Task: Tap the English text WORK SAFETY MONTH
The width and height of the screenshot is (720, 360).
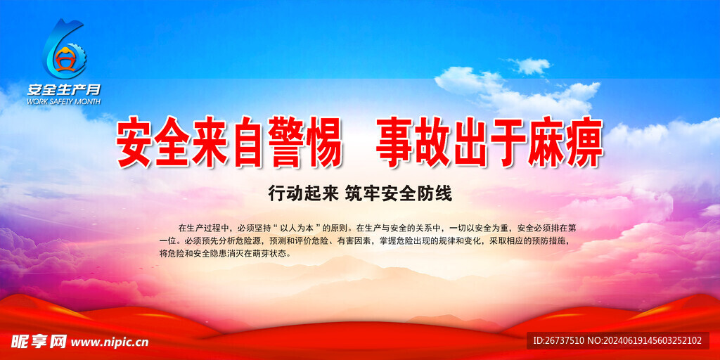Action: [64, 101]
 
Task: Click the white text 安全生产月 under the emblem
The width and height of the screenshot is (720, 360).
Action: [64, 89]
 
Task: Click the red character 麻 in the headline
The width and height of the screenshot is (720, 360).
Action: [535, 142]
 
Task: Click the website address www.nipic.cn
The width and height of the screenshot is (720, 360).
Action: [110, 342]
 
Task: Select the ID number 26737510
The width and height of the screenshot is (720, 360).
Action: [565, 341]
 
